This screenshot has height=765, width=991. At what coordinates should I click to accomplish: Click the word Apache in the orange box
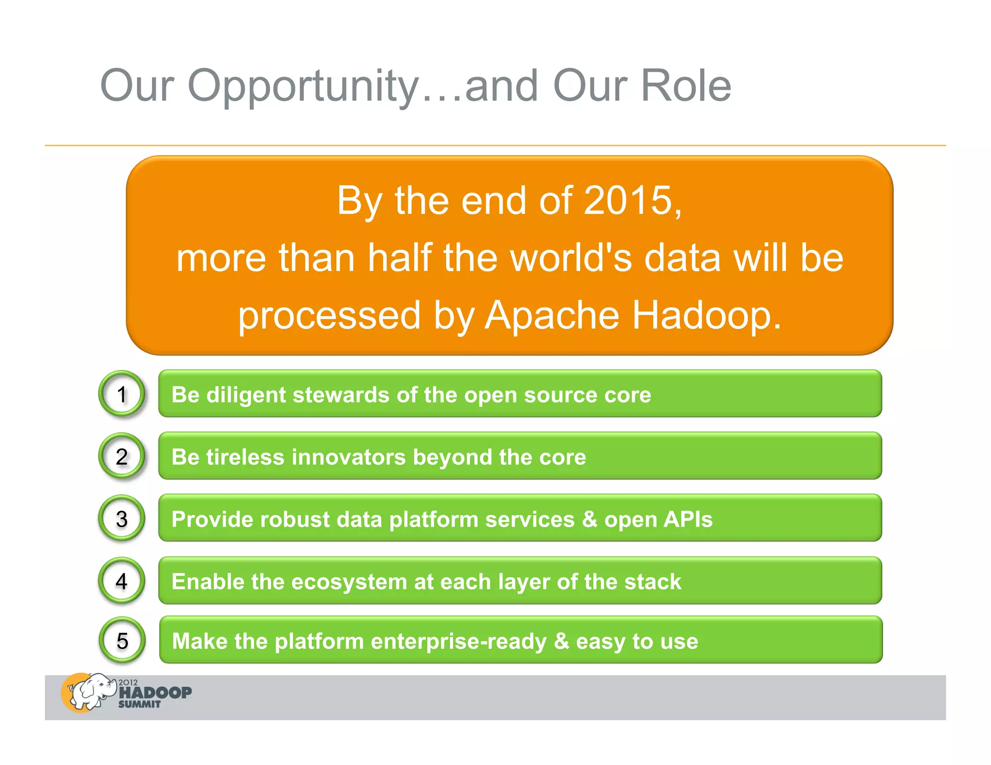click(552, 315)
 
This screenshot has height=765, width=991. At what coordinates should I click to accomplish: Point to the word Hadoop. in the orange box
click(707, 315)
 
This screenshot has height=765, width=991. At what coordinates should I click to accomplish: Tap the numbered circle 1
click(122, 394)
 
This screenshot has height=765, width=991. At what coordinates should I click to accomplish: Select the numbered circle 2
click(122, 456)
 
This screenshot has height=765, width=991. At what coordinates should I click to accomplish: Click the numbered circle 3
click(122, 518)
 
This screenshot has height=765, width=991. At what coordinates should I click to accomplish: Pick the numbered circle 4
click(122, 580)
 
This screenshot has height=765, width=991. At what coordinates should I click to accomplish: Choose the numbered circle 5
click(122, 641)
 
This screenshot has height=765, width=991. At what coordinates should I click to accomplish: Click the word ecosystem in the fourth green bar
click(349, 582)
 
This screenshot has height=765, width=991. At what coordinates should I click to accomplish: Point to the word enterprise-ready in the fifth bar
click(458, 642)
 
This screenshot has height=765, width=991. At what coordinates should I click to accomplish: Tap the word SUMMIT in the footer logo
click(139, 705)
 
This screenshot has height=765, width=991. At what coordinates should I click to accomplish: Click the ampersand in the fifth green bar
click(561, 641)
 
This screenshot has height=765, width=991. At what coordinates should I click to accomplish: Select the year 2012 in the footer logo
click(128, 682)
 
